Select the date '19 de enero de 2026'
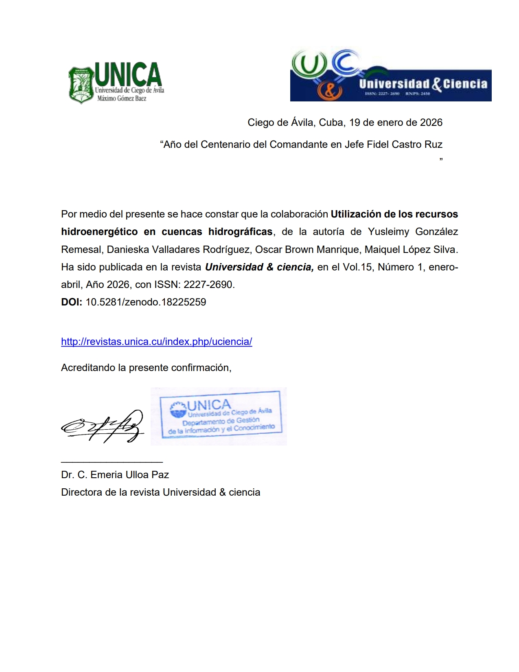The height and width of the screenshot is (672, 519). click(x=396, y=123)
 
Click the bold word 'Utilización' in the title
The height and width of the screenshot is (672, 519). click(x=355, y=214)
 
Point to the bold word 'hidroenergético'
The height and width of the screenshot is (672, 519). click(x=99, y=232)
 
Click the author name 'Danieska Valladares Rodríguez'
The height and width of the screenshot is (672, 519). click(x=178, y=249)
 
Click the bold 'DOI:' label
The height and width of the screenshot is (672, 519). click(x=72, y=302)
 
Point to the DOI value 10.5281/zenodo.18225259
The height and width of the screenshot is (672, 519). click(x=146, y=302)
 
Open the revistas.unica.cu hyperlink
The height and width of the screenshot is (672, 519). click(x=157, y=342)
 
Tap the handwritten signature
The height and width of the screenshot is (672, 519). click(x=103, y=426)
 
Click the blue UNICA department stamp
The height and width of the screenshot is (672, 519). click(x=220, y=415)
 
